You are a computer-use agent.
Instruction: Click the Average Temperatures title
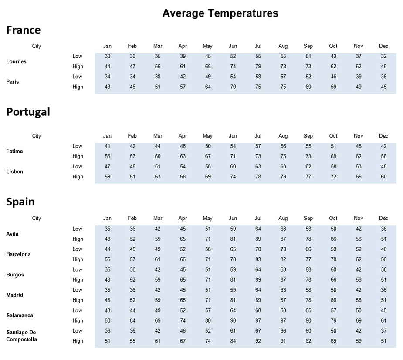220,13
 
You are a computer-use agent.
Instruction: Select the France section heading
24,30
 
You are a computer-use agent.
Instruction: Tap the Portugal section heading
28,112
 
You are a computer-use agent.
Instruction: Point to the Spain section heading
20,202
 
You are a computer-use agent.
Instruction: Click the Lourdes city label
16,61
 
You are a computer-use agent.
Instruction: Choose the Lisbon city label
14,172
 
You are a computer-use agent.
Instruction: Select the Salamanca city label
20,316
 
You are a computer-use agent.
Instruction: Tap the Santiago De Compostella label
21,336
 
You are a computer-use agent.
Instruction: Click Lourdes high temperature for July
258,67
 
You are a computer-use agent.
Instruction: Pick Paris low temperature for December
383,77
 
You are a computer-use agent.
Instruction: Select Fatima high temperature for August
283,156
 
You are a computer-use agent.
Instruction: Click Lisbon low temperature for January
108,167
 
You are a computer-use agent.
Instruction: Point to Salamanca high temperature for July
258,321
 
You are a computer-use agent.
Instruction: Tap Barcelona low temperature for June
233,249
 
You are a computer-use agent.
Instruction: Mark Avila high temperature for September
308,239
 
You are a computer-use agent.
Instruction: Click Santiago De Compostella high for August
283,341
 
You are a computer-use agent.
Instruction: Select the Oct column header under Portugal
333,136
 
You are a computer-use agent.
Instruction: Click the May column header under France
207,46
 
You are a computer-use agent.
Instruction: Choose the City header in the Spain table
37,218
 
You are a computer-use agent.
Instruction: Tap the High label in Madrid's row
78,300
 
